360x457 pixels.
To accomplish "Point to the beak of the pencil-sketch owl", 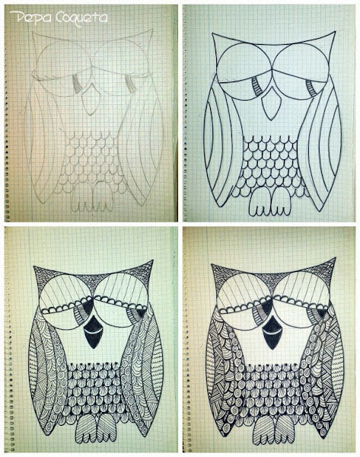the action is tap(91, 99).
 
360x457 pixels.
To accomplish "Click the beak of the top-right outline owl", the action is tap(272, 105).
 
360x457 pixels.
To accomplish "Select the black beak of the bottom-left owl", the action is tap(93, 332).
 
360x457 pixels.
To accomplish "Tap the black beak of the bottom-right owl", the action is tap(272, 332).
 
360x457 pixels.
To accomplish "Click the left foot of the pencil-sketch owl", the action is tap(81, 197).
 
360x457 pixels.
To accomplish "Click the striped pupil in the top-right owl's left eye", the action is tap(257, 87).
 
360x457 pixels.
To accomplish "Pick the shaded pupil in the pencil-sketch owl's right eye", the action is tap(130, 82).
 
